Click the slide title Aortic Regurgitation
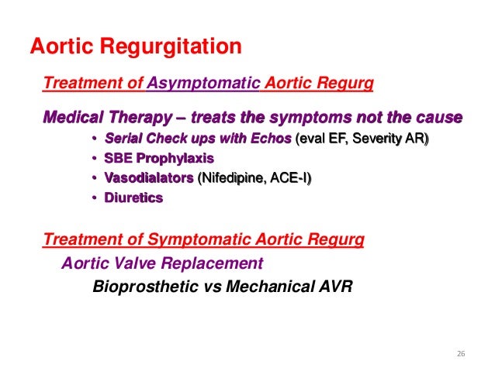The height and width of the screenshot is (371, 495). tap(136, 46)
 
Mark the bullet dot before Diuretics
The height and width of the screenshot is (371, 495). tap(94, 199)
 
